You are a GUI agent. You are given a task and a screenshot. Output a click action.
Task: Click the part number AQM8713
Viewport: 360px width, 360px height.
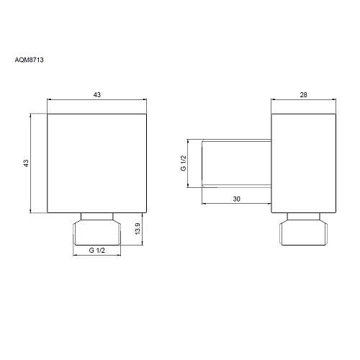coord(30,60)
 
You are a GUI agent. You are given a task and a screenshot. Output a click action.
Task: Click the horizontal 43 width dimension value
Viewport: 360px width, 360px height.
coord(97,95)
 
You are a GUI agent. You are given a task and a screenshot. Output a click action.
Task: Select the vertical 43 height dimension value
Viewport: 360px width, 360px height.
coord(26,163)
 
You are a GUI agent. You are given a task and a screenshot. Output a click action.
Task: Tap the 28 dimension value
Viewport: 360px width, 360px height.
coord(303,95)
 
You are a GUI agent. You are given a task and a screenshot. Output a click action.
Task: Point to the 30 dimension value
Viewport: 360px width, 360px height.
coord(236,199)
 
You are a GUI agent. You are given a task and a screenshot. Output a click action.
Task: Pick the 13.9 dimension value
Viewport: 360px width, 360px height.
coord(138,229)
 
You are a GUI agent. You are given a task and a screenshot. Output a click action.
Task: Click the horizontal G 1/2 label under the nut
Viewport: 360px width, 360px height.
coord(97,251)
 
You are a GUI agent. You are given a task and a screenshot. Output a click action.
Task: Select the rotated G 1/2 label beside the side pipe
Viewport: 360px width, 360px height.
coord(183,163)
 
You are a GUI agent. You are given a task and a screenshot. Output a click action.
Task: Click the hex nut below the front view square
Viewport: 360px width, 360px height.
coord(97,233)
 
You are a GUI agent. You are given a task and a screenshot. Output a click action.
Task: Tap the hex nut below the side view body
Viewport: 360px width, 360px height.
coord(304,233)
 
